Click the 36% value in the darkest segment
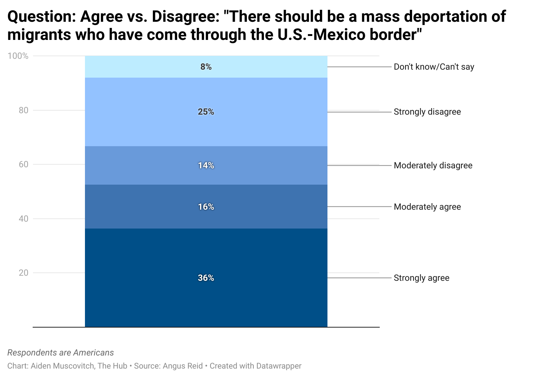206,278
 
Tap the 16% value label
206,207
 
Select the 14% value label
206,165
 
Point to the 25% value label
206,112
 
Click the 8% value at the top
206,67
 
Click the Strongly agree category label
421,278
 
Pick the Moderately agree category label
427,207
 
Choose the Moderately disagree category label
433,165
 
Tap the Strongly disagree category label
427,112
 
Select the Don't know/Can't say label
434,67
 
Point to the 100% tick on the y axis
18,56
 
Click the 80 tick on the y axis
23,110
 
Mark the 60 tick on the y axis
23,164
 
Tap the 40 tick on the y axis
23,219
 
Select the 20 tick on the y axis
23,273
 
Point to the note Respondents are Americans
61,353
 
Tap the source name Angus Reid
183,366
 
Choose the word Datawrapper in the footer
278,366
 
